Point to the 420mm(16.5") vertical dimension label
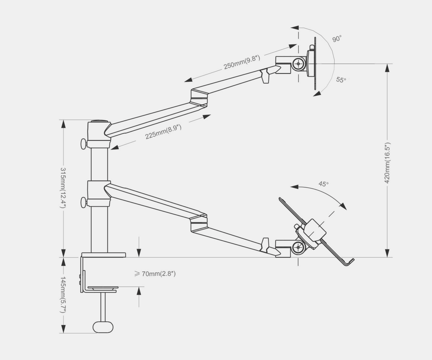[387, 163]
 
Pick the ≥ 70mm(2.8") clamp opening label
[155, 274]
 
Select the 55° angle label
[341, 80]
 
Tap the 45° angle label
[323, 184]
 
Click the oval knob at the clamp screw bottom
[103, 327]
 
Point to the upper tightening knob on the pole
[84, 144]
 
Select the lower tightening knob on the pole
[84, 202]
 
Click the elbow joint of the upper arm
[199, 98]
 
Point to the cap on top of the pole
[99, 122]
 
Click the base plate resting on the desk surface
[104, 255]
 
